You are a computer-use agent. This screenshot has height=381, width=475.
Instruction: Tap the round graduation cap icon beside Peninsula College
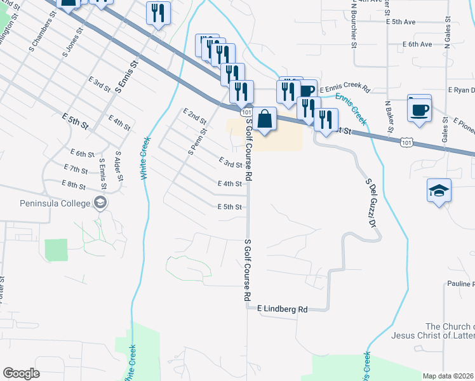click(100, 203)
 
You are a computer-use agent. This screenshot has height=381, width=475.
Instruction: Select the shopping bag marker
click(267, 118)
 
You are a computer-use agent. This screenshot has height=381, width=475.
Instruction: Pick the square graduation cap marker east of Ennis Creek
click(439, 190)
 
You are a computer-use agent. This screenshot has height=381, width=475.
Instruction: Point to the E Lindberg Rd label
click(282, 309)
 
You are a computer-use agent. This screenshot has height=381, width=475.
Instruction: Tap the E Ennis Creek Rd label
click(345, 90)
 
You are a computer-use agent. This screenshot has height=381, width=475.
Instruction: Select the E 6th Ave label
click(417, 44)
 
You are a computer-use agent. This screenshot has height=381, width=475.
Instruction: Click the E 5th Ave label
click(400, 22)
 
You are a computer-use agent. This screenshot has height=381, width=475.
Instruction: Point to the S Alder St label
click(118, 166)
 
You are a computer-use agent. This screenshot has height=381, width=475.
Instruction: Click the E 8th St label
click(74, 184)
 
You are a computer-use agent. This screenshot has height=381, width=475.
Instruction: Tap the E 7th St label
click(76, 169)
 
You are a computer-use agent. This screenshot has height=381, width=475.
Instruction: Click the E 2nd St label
click(195, 116)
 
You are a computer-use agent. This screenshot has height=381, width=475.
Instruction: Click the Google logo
click(21, 373)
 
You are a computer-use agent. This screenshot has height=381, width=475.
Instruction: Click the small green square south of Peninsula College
click(56, 250)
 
